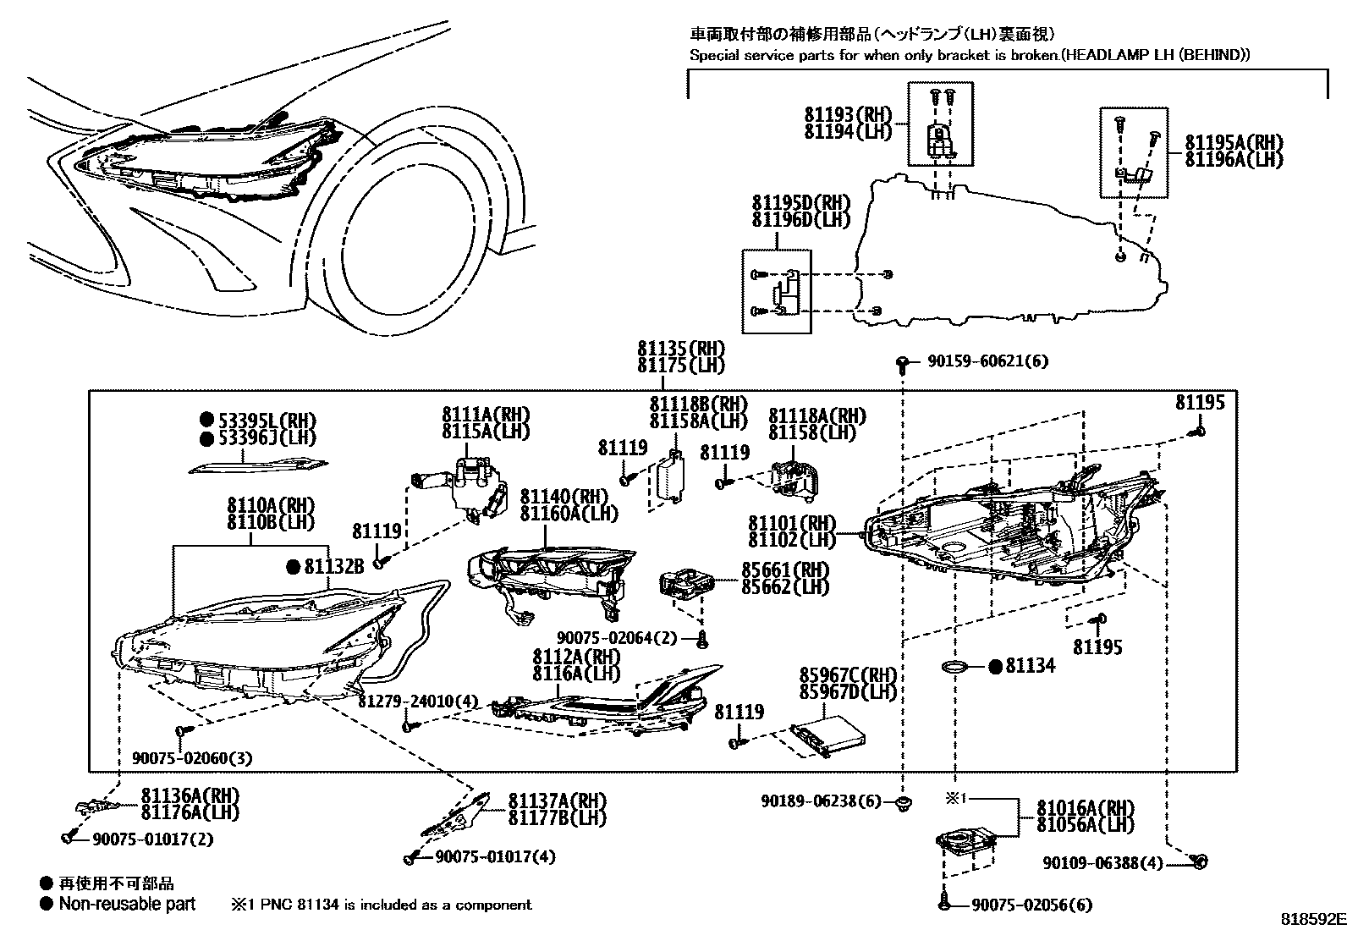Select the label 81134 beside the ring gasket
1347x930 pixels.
point(1030,666)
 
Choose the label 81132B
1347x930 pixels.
point(334,567)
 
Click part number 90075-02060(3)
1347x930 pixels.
point(191,758)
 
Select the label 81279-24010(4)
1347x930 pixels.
point(417,702)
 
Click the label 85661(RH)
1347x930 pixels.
point(784,570)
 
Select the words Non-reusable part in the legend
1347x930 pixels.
point(127,904)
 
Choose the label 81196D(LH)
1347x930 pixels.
point(800,219)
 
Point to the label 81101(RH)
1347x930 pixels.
point(791,523)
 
